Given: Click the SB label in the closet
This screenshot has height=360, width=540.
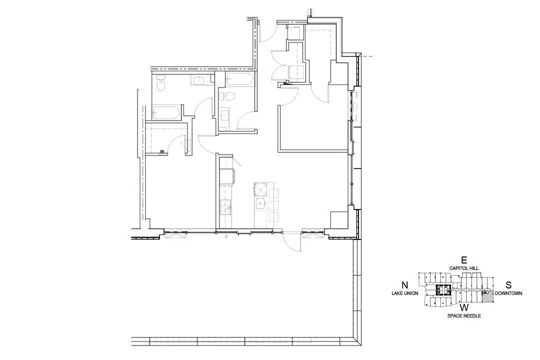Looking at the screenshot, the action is pos(162,151).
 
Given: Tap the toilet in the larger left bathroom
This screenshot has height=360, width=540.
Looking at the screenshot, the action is pos(161,83).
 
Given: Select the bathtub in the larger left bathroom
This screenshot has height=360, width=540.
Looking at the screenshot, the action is pos(166,112).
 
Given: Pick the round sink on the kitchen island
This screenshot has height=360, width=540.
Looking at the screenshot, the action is pos(260,204).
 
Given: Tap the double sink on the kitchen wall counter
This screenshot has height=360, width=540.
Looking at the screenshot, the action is pos(226,206).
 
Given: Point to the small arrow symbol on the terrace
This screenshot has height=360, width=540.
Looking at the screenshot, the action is pos(226,236).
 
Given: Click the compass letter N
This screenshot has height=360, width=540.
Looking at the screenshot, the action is pos(405,285).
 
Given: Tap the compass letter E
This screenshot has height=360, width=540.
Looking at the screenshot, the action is pos(464,260).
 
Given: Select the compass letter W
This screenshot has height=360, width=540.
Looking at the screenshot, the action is pos(464,307).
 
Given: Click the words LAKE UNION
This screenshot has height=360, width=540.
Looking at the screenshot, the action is pos(405,293).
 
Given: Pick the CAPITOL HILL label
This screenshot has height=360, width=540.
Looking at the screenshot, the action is pos(464,268).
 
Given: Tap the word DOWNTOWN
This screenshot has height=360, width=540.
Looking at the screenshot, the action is pos(508,293).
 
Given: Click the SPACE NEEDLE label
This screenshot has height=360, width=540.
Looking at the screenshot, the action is pos(464,315).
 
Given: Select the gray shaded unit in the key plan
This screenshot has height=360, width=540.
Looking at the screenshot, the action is pos(486,297).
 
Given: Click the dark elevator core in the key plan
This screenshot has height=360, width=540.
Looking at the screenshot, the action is pos(443,290).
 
